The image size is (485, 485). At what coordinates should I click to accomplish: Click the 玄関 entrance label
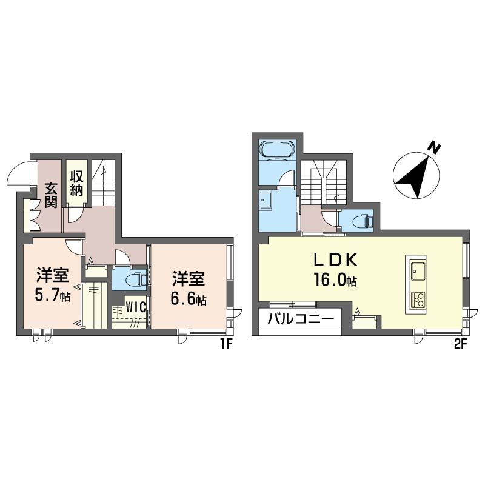[x=51, y=195]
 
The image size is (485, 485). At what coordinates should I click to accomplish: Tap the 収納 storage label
[x=76, y=183]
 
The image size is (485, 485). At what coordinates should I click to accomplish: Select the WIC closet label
[x=136, y=307]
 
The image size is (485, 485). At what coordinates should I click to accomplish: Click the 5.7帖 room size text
[x=53, y=296]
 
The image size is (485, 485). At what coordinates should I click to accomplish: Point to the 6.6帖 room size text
[x=189, y=299]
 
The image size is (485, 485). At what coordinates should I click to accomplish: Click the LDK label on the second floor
[x=336, y=259]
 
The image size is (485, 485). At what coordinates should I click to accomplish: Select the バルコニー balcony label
[x=301, y=319]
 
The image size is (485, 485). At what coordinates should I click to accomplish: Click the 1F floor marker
[x=227, y=344]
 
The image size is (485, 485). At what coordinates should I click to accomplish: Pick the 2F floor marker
[x=460, y=344]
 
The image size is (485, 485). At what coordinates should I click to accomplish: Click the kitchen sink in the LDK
[x=418, y=270]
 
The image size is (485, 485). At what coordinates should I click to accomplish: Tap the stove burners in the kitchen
[x=418, y=300]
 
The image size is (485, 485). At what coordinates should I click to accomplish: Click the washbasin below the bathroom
[x=266, y=201]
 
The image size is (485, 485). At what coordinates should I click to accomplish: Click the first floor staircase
[x=103, y=182]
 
